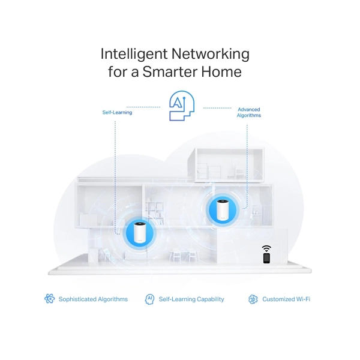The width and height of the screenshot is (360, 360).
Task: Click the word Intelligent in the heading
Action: coord(134,54)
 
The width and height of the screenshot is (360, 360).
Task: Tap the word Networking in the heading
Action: coord(211,54)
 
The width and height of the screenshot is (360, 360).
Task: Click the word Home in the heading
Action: coord(221,71)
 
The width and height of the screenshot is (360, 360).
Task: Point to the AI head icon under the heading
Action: coord(182,106)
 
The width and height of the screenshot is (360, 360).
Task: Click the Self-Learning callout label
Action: coord(117,112)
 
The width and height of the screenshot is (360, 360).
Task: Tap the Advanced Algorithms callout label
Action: coord(249,112)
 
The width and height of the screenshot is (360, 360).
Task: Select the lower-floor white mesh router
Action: coord(139,233)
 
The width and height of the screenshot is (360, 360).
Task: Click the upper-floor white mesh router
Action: coord(223,209)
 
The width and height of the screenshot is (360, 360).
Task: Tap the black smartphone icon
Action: coord(266,258)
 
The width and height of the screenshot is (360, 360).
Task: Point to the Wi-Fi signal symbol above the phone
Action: coord(266,248)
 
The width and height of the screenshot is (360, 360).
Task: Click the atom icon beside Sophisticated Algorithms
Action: coord(50,299)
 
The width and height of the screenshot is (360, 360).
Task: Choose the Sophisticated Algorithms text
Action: coord(93,299)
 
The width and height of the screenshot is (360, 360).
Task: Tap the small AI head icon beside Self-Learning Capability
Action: coord(149,299)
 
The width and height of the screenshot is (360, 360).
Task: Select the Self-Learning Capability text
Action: coord(191,299)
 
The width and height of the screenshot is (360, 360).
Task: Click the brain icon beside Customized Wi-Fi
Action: coord(253,299)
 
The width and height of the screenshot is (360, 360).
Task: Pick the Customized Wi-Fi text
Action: coord(286,299)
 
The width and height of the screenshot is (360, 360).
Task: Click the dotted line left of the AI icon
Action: coord(143,107)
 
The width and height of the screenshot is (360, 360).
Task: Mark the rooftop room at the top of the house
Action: coord(226,164)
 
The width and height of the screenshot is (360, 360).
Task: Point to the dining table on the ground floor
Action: coord(183,255)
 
